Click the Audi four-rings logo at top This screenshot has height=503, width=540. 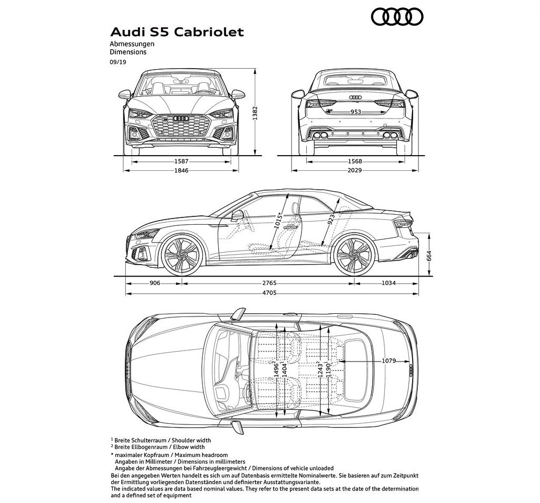click(x=397, y=17)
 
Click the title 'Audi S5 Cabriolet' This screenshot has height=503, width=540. click(x=177, y=32)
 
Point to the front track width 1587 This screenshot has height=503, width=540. click(x=181, y=161)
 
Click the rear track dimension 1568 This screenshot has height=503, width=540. click(x=355, y=161)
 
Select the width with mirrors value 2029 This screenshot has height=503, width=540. click(x=355, y=170)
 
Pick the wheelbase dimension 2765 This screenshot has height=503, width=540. click(x=269, y=283)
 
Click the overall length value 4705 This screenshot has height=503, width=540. click(x=269, y=293)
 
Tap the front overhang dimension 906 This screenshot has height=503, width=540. click(x=155, y=283)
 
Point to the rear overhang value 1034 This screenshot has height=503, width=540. click(x=388, y=283)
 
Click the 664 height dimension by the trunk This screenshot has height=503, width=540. click(x=429, y=256)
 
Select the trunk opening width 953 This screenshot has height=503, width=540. click(x=356, y=112)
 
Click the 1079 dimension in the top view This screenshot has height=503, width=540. click(x=389, y=361)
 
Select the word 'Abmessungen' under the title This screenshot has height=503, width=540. click(x=132, y=44)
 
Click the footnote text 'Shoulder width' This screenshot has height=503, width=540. click(x=191, y=440)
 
